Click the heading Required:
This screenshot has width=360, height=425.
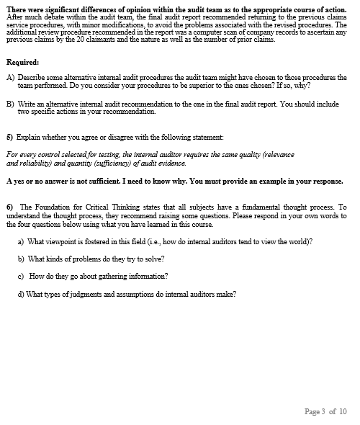[x=22, y=62]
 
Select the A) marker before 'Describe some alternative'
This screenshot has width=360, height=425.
[x=10, y=77]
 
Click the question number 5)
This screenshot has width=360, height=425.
[x=10, y=137]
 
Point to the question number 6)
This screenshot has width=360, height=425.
[x=10, y=207]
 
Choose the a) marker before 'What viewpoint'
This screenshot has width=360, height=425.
[x=21, y=242]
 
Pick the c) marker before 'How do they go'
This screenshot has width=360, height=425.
[x=21, y=276]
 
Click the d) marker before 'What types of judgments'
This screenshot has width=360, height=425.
[x=21, y=293]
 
